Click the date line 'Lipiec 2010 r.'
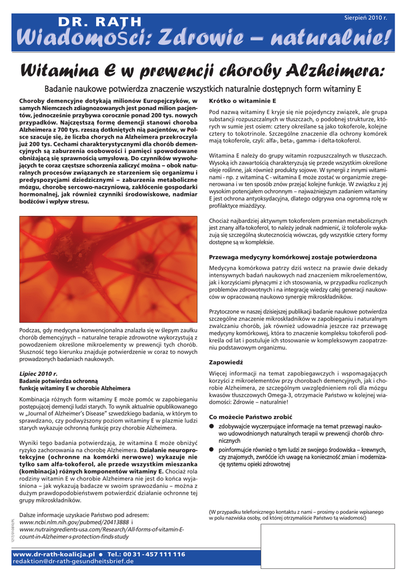coord(39,373)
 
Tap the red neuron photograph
coord(108,269)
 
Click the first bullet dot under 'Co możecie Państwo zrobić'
coord(212,427)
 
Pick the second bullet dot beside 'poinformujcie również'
coord(212,450)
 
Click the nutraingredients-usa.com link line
coord(101,530)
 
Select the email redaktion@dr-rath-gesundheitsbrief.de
coord(73,561)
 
